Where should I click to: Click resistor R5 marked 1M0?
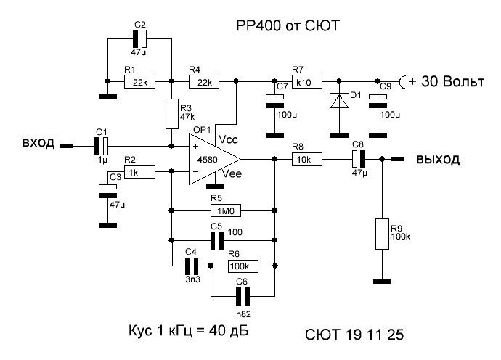pyautogui.click(x=224, y=211)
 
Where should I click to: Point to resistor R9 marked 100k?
pyautogui.click(x=381, y=234)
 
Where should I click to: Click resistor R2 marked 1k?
pyautogui.click(x=131, y=172)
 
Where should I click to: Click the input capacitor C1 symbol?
pyautogui.click(x=102, y=145)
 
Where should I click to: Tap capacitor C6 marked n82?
pyautogui.click(x=243, y=295)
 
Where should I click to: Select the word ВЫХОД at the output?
pyautogui.click(x=436, y=159)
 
